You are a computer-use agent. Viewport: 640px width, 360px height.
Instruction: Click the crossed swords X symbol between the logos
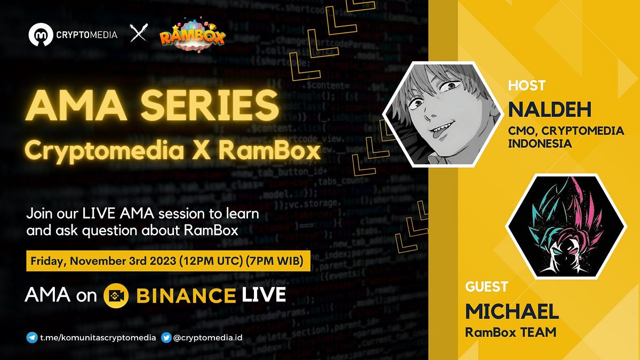tap(139, 35)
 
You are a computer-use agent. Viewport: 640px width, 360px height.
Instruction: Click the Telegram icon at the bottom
tap(32, 337)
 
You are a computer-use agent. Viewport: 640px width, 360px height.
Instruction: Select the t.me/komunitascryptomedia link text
tap(98, 337)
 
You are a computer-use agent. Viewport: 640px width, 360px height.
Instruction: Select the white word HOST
tap(526, 85)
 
